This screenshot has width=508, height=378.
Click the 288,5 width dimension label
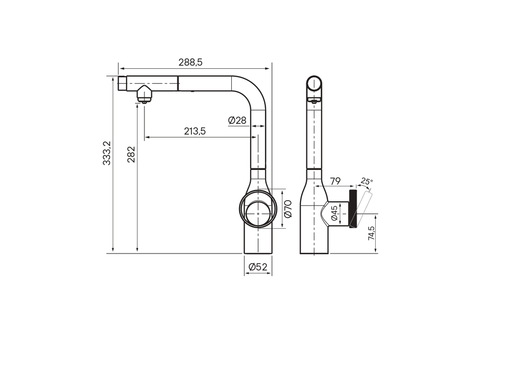pyautogui.click(x=190, y=62)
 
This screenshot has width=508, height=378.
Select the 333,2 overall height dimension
pyautogui.click(x=106, y=153)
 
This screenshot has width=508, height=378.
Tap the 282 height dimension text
pyautogui.click(x=131, y=154)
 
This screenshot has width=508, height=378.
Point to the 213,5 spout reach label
pyautogui.click(x=195, y=131)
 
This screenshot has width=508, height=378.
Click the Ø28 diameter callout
pyautogui.click(x=237, y=120)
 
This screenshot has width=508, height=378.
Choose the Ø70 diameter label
pyautogui.click(x=288, y=209)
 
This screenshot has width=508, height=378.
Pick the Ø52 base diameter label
pyautogui.click(x=258, y=267)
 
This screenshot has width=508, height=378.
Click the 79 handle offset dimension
pyautogui.click(x=335, y=181)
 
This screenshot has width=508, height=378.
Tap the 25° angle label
pyautogui.click(x=367, y=181)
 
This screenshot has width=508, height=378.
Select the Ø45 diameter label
pyautogui.click(x=334, y=213)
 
